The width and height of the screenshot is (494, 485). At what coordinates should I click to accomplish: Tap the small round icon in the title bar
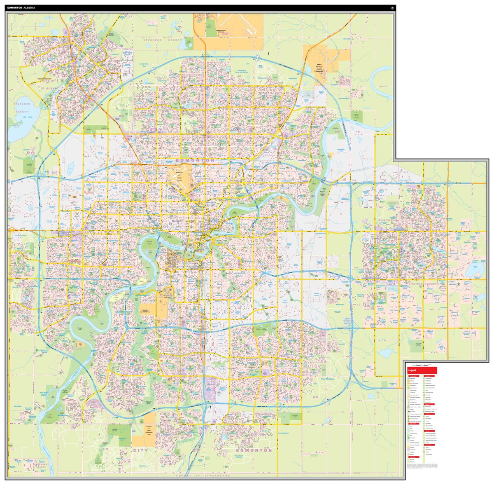point(392,8)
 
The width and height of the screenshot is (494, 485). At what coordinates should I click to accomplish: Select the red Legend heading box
point(421,370)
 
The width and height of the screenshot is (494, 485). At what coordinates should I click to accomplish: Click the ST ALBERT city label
point(48,87)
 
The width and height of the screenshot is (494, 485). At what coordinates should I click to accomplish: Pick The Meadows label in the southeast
point(328,379)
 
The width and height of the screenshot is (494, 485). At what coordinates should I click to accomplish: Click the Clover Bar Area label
point(340,150)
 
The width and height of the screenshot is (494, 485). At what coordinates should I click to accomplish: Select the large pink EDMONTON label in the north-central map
point(195,160)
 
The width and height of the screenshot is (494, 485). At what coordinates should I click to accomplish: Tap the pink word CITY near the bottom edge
point(140,450)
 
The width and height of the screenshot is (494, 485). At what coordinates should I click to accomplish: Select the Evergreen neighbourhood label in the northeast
point(336,84)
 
